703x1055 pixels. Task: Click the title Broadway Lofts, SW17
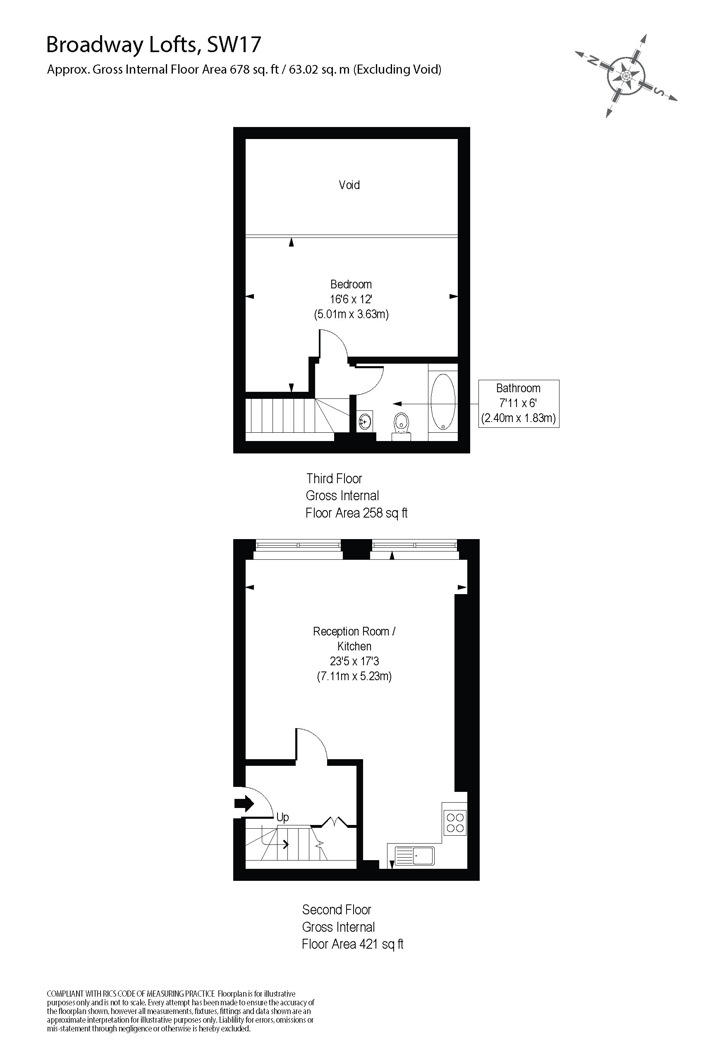[153, 45]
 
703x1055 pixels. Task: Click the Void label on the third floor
[349, 185]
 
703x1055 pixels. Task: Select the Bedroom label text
[351, 284]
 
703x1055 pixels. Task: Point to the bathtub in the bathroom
[443, 402]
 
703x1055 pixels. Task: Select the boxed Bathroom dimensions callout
[518, 403]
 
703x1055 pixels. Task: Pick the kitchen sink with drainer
[414, 856]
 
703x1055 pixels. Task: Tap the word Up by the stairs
[282, 817]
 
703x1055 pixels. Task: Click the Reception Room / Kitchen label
[354, 639]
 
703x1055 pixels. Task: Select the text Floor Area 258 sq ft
[356, 513]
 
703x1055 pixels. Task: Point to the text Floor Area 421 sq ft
[352, 944]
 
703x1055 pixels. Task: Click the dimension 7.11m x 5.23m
[354, 676]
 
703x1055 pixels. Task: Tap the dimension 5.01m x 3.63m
[351, 314]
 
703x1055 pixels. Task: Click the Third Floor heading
[334, 479]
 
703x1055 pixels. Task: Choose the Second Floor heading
[336, 910]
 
